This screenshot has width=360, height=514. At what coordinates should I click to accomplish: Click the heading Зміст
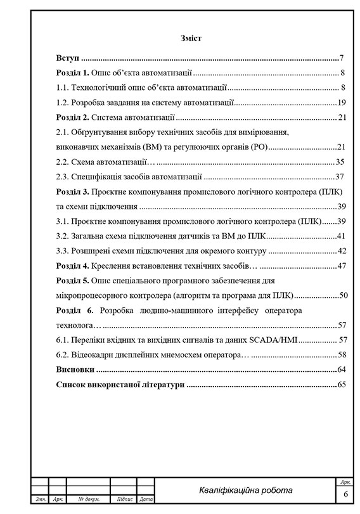tap(190, 39)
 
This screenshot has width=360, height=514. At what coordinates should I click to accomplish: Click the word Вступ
tap(67, 57)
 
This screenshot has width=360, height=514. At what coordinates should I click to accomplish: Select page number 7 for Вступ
tap(342, 57)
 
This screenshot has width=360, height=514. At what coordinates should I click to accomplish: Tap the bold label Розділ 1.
tap(72, 72)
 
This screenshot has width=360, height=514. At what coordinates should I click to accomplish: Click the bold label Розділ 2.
tap(72, 117)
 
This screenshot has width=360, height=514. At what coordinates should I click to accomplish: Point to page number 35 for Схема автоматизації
tap(340, 162)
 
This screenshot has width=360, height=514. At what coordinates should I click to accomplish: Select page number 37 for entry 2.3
tap(340, 177)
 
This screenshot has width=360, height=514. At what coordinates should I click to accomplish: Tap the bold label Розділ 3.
tap(72, 192)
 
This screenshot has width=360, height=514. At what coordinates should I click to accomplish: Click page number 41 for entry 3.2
tap(340, 236)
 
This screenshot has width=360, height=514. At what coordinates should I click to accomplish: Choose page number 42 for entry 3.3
tap(340, 251)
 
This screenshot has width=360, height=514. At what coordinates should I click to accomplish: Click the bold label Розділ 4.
tap(72, 266)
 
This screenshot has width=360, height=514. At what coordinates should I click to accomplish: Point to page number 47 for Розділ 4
tap(340, 266)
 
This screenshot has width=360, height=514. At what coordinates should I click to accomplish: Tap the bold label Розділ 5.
tap(72, 281)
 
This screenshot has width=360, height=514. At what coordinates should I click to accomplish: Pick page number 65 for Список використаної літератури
tap(340, 384)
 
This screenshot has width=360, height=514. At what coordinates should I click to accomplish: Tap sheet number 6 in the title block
tap(346, 494)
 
